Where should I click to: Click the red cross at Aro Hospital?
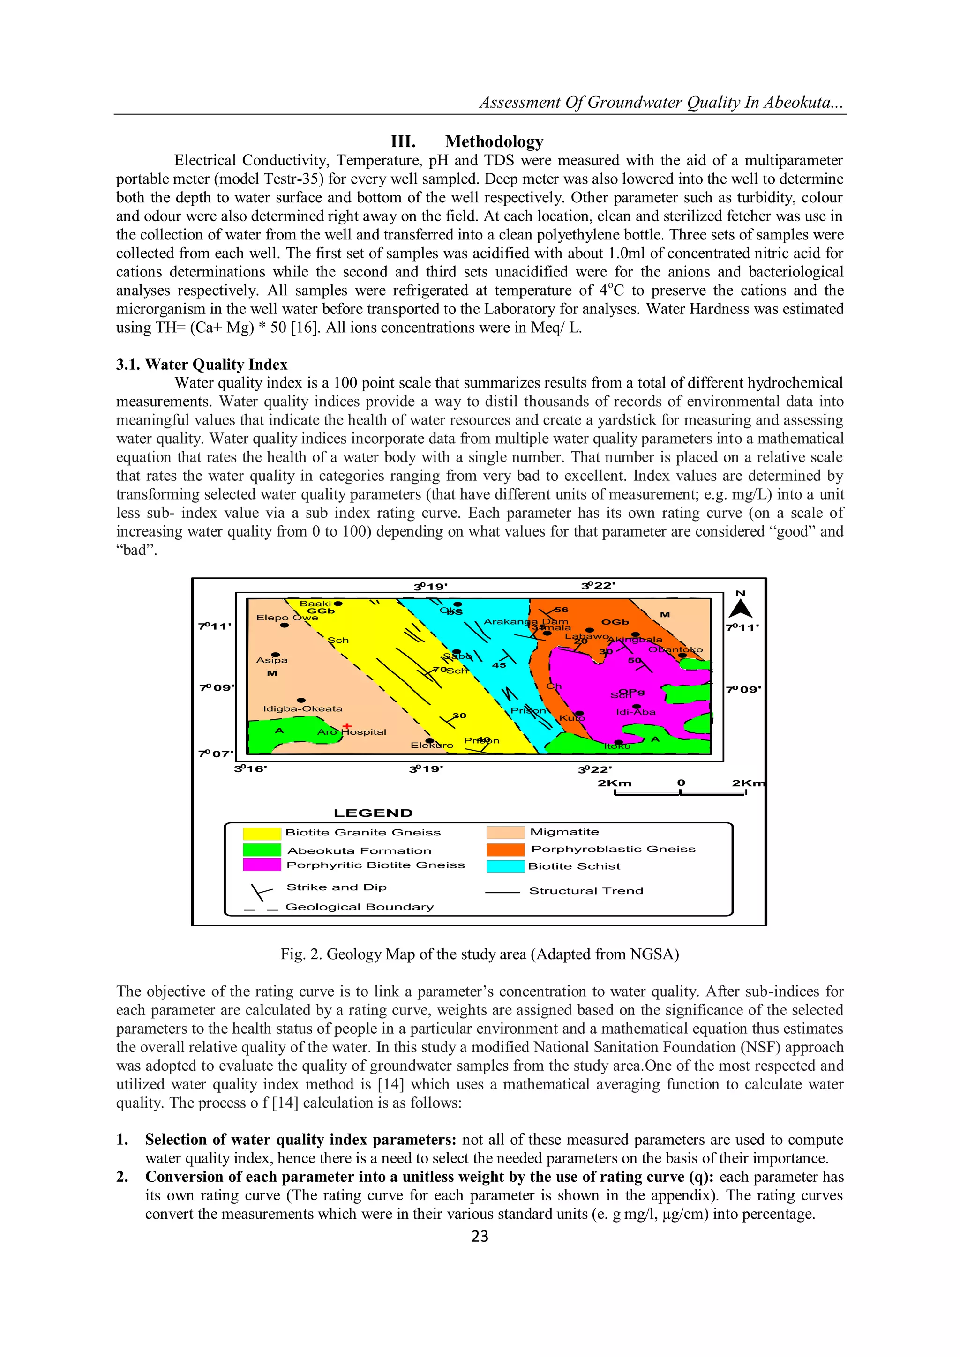pos(347,726)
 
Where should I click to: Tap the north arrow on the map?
pos(740,608)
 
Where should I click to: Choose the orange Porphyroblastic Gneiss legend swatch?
pos(505,850)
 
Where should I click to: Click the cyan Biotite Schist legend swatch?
pos(505,866)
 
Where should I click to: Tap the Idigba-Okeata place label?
pos(303,708)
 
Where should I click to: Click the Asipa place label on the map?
pos(272,660)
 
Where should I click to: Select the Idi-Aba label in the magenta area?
pos(636,712)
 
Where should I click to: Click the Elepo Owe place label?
pos(287,618)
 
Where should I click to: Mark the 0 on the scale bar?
pos(681,783)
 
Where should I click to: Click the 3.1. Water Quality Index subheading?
pos(202,364)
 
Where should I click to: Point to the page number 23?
pos(480,1236)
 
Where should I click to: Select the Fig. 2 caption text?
pos(480,954)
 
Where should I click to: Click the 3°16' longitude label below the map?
pos(251,769)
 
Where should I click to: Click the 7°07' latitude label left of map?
pos(216,753)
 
